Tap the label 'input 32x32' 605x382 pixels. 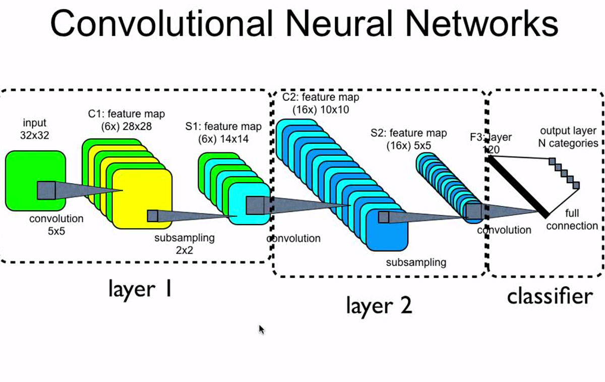click(35, 129)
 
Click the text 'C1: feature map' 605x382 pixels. click(123, 114)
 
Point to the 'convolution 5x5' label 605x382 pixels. click(56, 225)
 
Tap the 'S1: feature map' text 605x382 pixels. click(223, 126)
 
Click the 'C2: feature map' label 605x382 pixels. click(321, 97)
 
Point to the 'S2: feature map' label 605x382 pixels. click(408, 133)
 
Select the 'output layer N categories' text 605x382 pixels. click(569, 137)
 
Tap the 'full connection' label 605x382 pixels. click(572, 220)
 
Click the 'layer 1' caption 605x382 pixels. click(140, 289)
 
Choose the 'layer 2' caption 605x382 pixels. click(379, 304)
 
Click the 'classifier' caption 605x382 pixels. click(549, 296)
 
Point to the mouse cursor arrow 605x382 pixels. click(261, 329)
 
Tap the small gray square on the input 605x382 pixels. click(46, 191)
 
